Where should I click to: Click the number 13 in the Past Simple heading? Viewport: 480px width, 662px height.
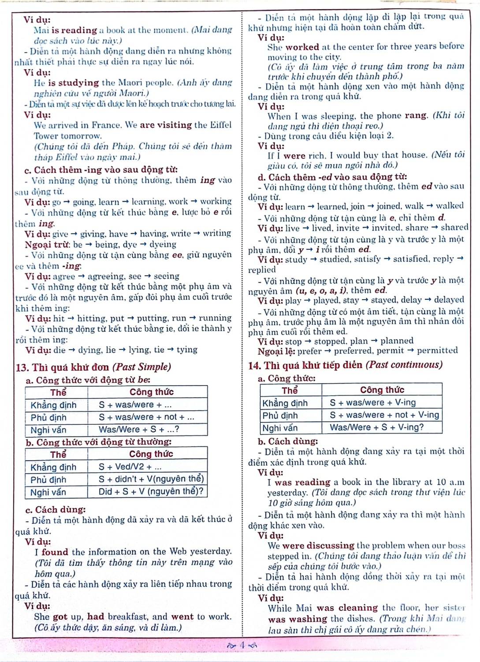pyautogui.click(x=21, y=367)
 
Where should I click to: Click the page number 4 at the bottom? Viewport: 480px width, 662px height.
pyautogui.click(x=242, y=645)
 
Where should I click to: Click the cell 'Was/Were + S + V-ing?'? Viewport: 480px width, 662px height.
pyautogui.click(x=376, y=427)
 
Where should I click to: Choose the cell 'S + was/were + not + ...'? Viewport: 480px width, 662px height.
pyautogui.click(x=146, y=417)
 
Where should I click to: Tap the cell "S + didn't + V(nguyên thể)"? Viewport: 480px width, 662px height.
pyautogui.click(x=151, y=479)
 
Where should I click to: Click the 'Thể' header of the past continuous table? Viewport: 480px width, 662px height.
pyautogui.click(x=290, y=390)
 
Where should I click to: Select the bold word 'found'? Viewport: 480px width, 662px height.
pyautogui.click(x=55, y=552)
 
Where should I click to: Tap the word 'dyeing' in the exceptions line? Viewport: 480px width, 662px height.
pyautogui.click(x=163, y=244)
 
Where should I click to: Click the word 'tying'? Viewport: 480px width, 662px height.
pyautogui.click(x=187, y=350)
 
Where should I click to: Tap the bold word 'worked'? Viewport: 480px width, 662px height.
pyautogui.click(x=302, y=47)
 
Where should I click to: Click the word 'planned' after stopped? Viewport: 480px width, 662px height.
pyautogui.click(x=397, y=341)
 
